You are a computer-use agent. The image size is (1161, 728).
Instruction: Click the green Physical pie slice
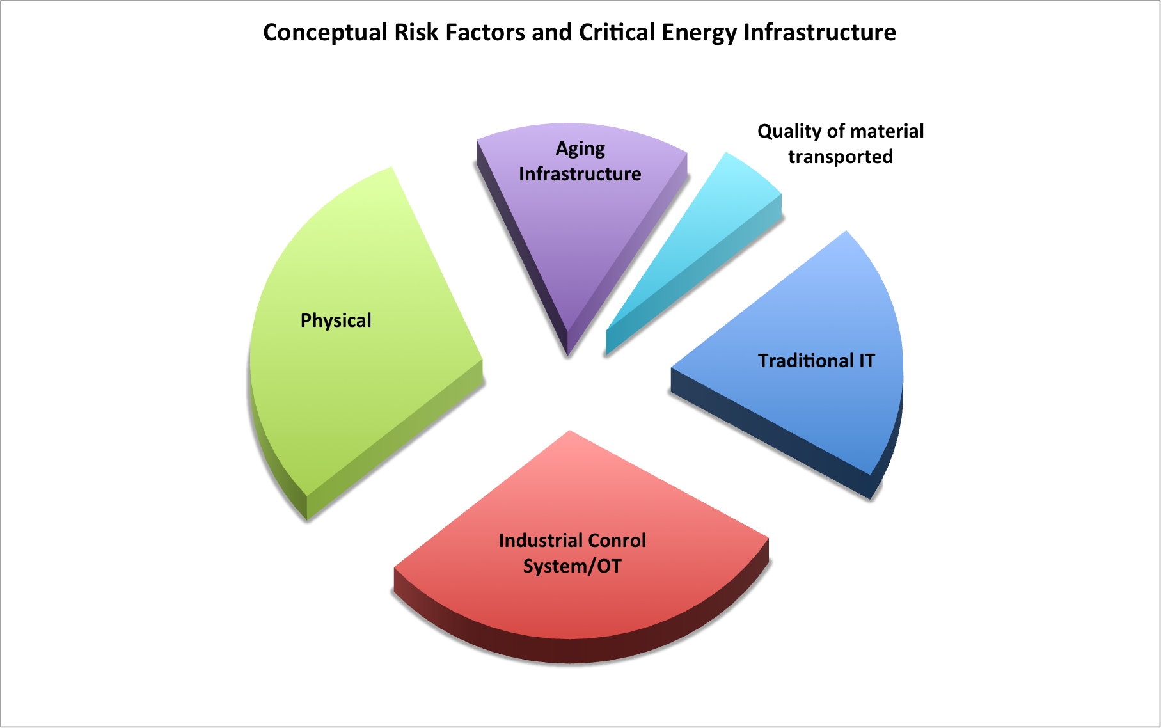[358, 358]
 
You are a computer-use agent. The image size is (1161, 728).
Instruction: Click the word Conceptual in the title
[326, 33]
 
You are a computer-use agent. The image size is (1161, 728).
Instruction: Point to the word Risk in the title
[416, 32]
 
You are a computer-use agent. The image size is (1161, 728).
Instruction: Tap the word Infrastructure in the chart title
[819, 32]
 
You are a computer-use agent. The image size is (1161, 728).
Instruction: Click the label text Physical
[336, 320]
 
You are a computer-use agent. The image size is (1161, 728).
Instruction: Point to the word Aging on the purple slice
[580, 149]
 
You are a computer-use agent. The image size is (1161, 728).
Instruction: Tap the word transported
[841, 157]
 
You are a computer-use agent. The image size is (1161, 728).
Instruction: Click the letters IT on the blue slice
[867, 361]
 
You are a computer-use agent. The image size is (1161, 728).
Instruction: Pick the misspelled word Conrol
[617, 541]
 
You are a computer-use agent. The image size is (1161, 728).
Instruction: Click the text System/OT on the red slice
[573, 567]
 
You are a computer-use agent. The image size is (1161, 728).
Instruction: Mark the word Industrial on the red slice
[541, 541]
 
